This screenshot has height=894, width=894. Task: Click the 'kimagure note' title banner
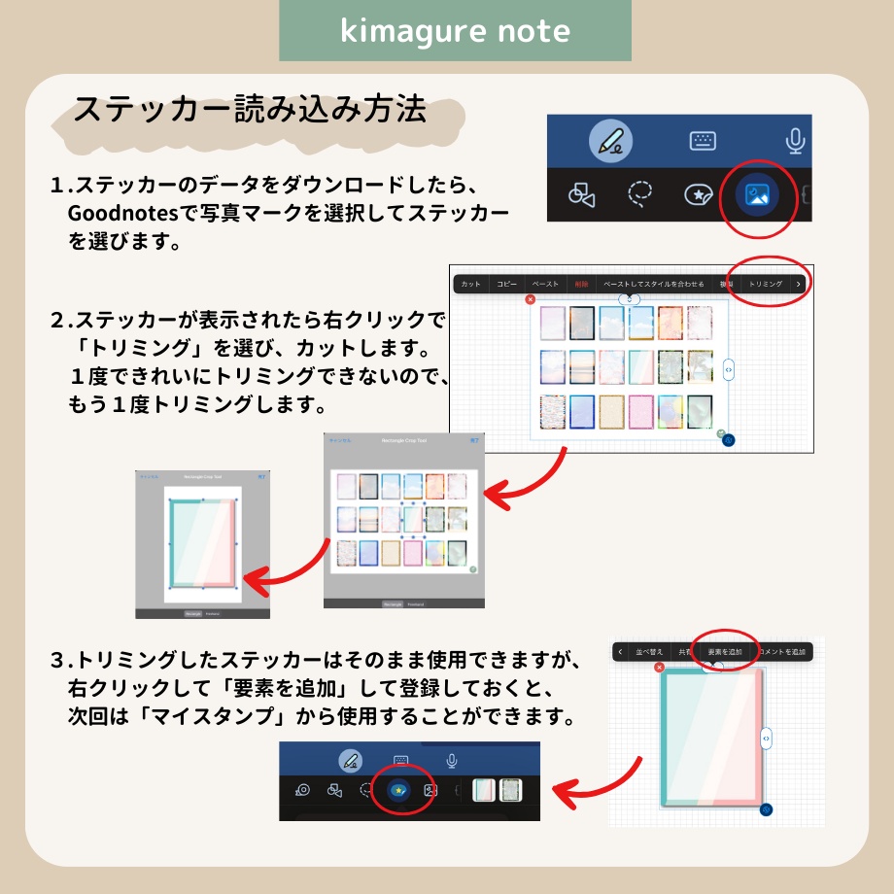pyautogui.click(x=455, y=31)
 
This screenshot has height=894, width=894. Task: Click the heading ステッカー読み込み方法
pyautogui.click(x=251, y=109)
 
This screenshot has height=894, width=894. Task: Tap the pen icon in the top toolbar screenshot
pyautogui.click(x=610, y=142)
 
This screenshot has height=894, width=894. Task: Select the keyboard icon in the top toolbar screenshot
pyautogui.click(x=703, y=141)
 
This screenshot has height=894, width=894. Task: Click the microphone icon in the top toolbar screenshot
pyautogui.click(x=795, y=142)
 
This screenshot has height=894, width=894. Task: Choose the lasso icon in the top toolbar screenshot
pyautogui.click(x=639, y=195)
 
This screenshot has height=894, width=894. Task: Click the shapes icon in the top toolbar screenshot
pyautogui.click(x=581, y=195)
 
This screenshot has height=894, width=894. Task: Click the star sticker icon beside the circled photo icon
pyautogui.click(x=697, y=195)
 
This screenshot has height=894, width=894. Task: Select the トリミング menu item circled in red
pyautogui.click(x=765, y=284)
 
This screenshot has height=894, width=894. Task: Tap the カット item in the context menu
pyautogui.click(x=470, y=284)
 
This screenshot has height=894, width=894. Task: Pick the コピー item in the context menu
pyautogui.click(x=506, y=284)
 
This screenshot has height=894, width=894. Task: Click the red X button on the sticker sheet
pyautogui.click(x=530, y=300)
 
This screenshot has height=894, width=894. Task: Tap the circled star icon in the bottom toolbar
pyautogui.click(x=398, y=790)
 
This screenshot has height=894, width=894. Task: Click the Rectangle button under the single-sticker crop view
pyautogui.click(x=192, y=613)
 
